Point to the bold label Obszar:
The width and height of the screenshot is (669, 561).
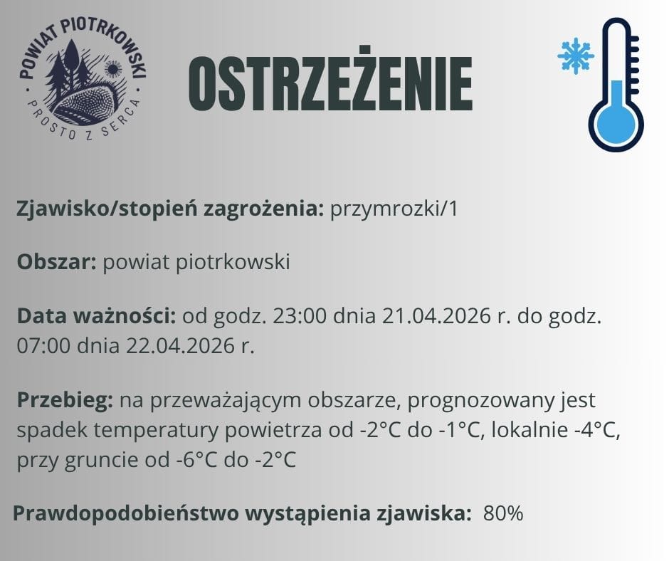coord(57,262)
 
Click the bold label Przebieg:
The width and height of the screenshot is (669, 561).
coord(65,400)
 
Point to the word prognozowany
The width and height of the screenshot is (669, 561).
coord(457,400)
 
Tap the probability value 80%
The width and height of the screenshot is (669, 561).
coord(503,513)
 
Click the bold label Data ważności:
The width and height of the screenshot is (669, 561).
coord(96,315)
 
